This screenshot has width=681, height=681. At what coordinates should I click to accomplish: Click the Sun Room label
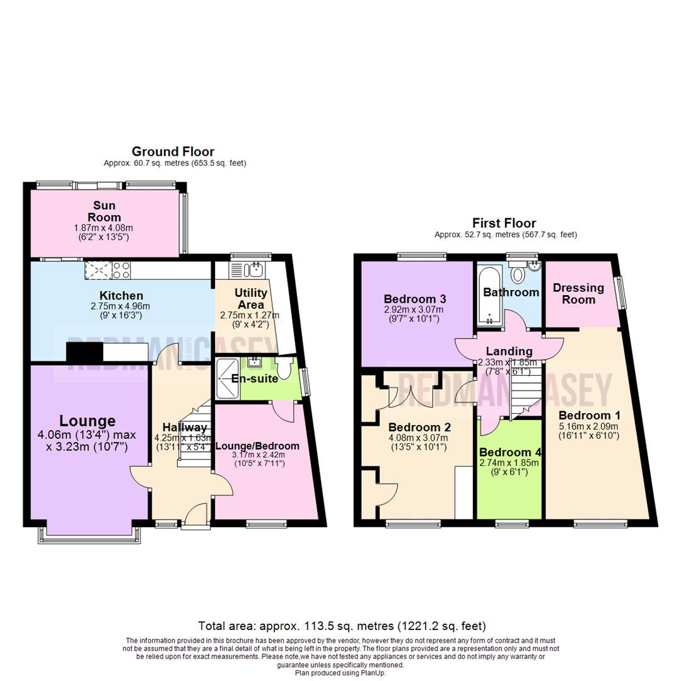pyautogui.click(x=104, y=211)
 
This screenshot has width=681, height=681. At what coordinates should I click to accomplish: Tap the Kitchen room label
pyautogui.click(x=121, y=296)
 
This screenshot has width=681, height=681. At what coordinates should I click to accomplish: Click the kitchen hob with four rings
pyautogui.click(x=121, y=271)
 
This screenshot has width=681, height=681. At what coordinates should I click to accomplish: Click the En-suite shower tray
pyautogui.click(x=228, y=378)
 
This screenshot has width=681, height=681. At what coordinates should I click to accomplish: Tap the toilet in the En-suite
pyautogui.click(x=289, y=368)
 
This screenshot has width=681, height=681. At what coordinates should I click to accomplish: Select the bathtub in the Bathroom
pyautogui.click(x=489, y=295)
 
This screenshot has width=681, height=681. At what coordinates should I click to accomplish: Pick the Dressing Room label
pyautogui.click(x=578, y=293)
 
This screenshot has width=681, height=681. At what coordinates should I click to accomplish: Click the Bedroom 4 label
pyautogui.click(x=509, y=453)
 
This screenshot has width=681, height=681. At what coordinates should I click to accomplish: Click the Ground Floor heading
pyautogui.click(x=173, y=151)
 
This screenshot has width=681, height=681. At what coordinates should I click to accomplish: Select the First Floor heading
pyautogui.click(x=504, y=223)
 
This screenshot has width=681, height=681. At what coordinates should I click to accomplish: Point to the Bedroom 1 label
pyautogui.click(x=590, y=416)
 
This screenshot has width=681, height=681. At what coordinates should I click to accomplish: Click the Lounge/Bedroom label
pyautogui.click(x=257, y=446)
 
